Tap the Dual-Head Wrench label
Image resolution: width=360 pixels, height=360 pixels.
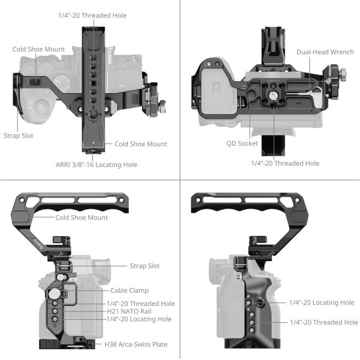tap(325, 52)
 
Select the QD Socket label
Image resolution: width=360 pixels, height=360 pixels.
tap(242, 143)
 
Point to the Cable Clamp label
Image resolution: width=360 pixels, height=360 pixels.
tap(130, 290)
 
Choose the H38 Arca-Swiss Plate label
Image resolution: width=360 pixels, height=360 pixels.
tap(136, 344)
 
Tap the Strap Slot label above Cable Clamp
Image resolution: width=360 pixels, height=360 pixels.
tap(145, 265)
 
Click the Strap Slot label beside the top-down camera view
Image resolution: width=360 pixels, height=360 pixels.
tap(18, 136)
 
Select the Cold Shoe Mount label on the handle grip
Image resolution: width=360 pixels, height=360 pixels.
tap(82, 217)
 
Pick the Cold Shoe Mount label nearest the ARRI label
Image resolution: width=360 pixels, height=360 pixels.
tap(140, 144)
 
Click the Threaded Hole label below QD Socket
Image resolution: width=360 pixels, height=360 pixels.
tap(285, 163)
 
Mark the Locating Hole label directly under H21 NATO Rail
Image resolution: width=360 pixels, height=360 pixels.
tap(139, 319)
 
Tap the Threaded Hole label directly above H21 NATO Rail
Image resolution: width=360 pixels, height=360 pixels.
tap(140, 304)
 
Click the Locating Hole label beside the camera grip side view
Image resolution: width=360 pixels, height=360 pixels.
tap(322, 302)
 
